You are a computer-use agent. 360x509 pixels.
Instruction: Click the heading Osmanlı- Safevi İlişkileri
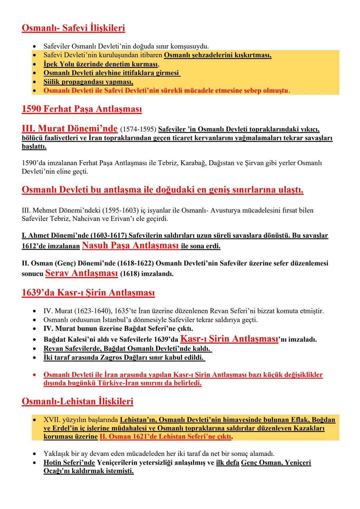tap(73, 28)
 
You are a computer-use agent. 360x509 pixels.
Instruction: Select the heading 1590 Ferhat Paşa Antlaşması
tap(82, 109)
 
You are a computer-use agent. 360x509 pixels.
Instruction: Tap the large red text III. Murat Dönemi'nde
tap(69, 128)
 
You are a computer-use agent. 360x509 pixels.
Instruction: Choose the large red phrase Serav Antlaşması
tap(81, 273)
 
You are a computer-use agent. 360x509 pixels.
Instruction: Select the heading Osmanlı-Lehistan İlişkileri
tap(77, 401)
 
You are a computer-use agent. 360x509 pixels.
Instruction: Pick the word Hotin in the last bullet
tap(52, 463)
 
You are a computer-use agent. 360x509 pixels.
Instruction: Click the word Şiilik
tap(52, 82)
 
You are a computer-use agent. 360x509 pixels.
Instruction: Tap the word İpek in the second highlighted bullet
tap(51, 64)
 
